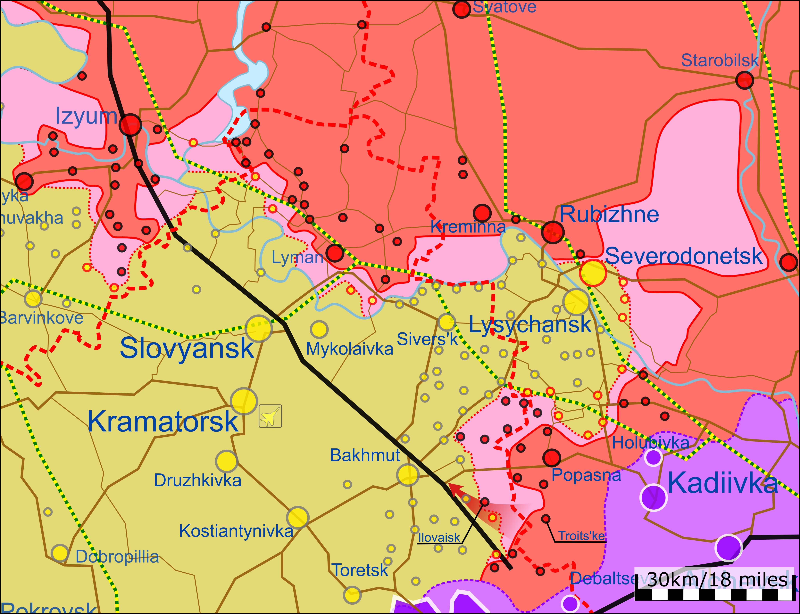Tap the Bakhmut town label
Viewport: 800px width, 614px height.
365,455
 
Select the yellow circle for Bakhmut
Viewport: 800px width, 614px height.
408,475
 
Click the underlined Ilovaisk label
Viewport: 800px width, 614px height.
439,538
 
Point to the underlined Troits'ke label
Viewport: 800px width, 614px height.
581,536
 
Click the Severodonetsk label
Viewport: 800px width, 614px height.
684,256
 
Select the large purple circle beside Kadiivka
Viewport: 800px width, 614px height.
653,497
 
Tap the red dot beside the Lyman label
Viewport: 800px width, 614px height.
335,253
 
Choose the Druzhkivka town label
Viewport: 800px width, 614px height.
197,481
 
